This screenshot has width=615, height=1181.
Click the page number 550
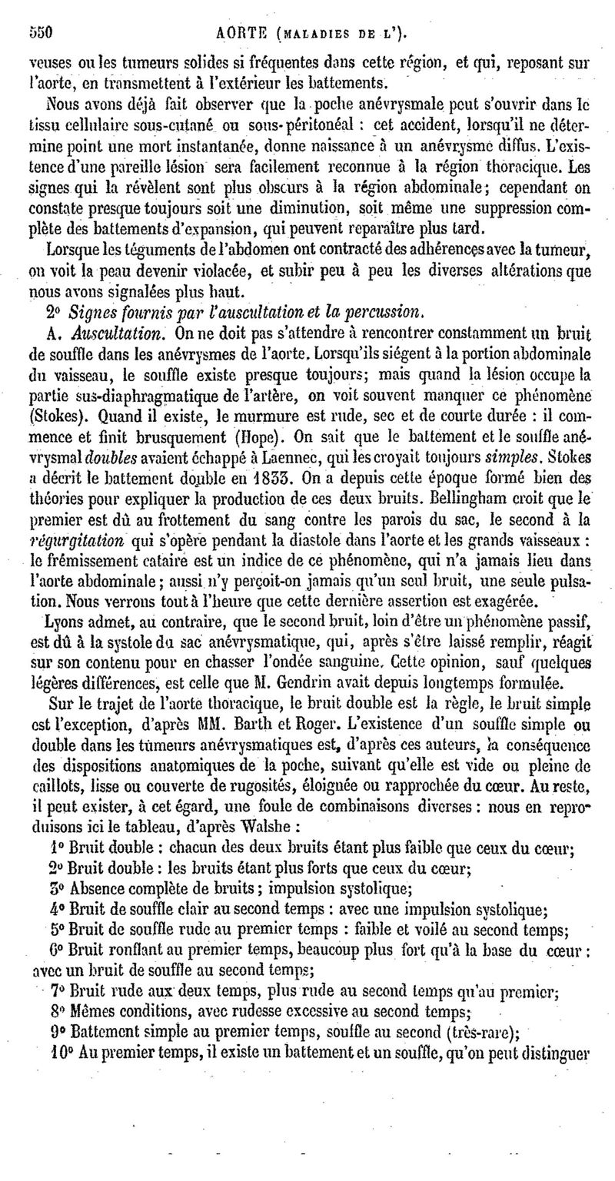click(x=38, y=32)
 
